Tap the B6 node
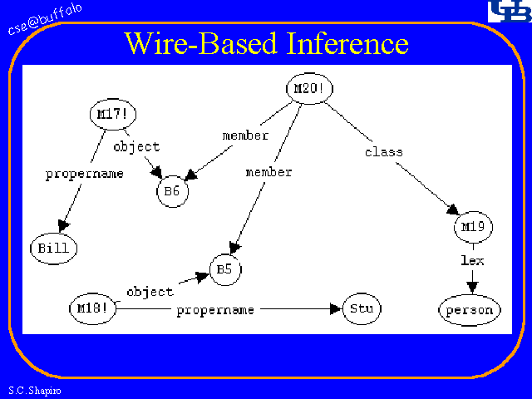point(172,191)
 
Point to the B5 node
point(224,269)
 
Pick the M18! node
point(92,308)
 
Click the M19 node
point(473,226)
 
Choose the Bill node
point(54,247)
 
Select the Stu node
point(360,309)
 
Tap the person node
point(470,310)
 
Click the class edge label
point(383,152)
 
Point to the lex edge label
point(472,260)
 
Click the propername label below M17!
point(84,174)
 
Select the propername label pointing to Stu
point(214,310)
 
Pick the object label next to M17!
point(135,147)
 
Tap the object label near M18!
point(150,292)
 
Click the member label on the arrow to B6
point(245,135)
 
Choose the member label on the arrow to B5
point(268,172)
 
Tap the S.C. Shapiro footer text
point(31,390)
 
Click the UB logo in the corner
point(506,12)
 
